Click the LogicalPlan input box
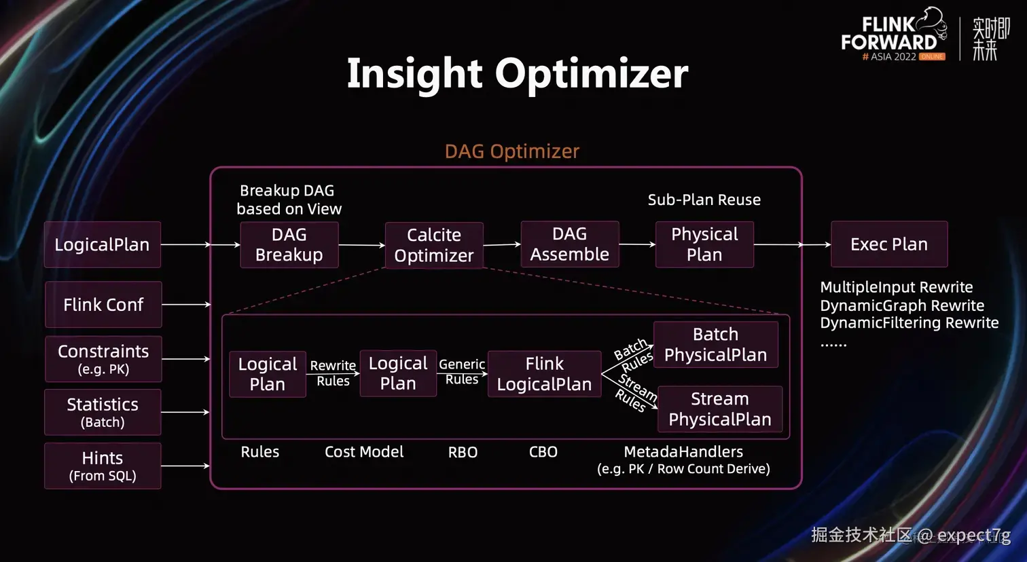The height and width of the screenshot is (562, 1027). (x=103, y=244)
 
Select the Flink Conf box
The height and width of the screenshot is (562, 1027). (x=103, y=305)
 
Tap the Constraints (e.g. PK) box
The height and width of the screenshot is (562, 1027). (x=103, y=359)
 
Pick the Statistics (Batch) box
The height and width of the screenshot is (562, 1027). (x=103, y=412)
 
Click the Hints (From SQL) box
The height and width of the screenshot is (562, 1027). (x=103, y=466)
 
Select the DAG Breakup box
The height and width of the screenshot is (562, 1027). (x=289, y=245)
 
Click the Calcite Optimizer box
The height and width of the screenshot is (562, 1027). (x=434, y=246)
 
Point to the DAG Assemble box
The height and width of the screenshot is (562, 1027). (x=570, y=244)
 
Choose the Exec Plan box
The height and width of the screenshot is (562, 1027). (x=889, y=244)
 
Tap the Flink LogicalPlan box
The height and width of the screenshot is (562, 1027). (x=544, y=374)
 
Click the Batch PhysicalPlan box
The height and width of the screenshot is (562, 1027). (x=716, y=344)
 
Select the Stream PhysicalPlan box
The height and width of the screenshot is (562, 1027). (x=720, y=409)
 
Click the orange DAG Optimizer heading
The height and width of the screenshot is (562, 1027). (x=512, y=151)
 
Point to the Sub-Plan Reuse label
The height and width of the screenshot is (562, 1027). (x=704, y=200)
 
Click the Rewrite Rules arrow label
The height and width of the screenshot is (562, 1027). (x=333, y=373)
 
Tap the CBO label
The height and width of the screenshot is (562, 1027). (x=543, y=452)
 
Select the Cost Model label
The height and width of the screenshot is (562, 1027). (x=364, y=452)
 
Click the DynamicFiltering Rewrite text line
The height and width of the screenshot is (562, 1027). (x=909, y=323)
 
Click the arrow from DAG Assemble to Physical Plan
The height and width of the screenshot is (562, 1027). (x=637, y=244)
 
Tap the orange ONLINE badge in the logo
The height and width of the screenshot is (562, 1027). (x=932, y=57)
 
